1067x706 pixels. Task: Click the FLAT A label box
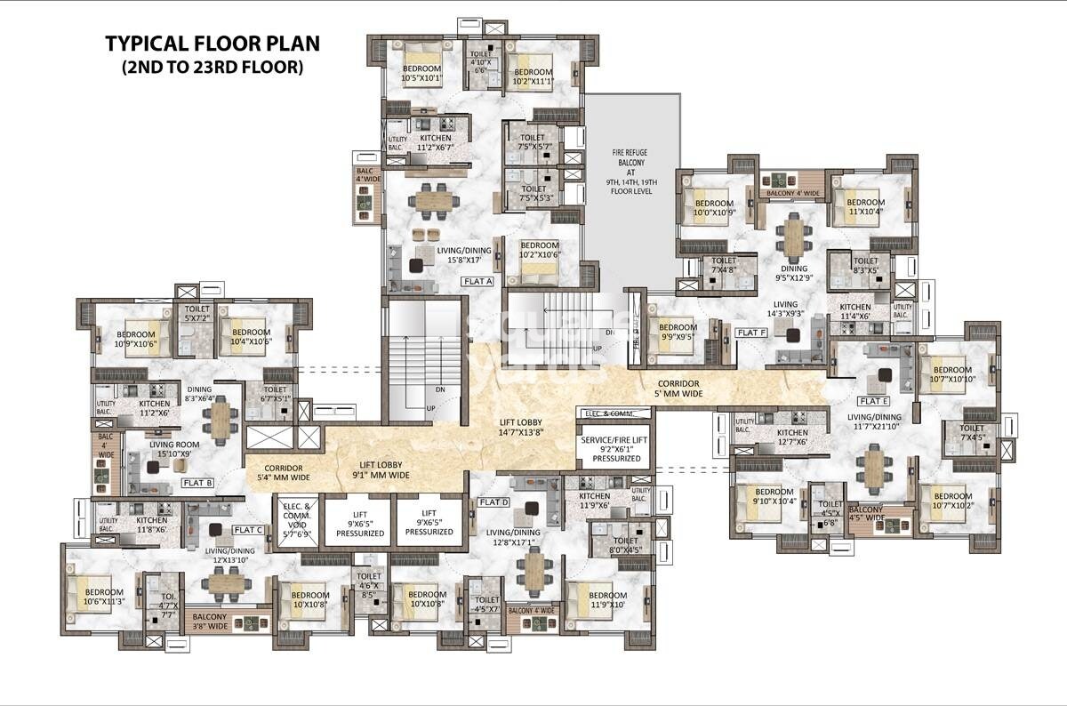tap(477, 281)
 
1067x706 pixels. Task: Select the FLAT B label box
tap(197, 483)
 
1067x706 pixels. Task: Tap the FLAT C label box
tap(247, 530)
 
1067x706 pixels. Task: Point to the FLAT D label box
tap(493, 502)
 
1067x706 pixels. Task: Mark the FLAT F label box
tap(750, 333)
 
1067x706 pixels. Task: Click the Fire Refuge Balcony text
tap(630, 172)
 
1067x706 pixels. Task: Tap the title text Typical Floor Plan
tap(212, 44)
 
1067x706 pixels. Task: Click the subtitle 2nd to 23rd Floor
tap(212, 67)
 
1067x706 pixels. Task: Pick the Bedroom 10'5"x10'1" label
tap(422, 74)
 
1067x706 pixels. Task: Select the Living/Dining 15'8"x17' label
tap(464, 255)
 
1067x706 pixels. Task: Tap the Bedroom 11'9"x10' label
tap(607, 600)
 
